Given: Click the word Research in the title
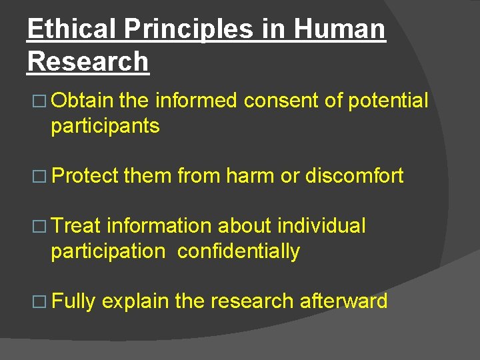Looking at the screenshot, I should pos(88,61).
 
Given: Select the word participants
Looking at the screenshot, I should pos(105,127).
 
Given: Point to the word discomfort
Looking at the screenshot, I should pos(354,176).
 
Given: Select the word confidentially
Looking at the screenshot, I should pos(239,251).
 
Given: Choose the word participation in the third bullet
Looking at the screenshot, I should pos(107,252).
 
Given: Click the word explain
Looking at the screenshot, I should pos(135,301).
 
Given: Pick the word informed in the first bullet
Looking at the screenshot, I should pos(196,101).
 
